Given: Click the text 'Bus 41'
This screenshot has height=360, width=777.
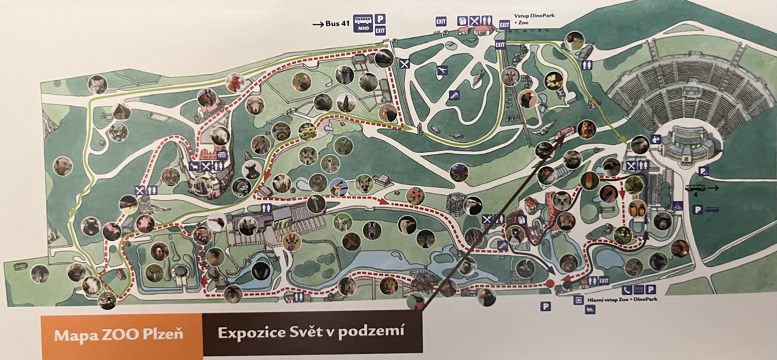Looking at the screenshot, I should (337, 24).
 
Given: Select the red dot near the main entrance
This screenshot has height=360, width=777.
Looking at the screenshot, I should (550, 283).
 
